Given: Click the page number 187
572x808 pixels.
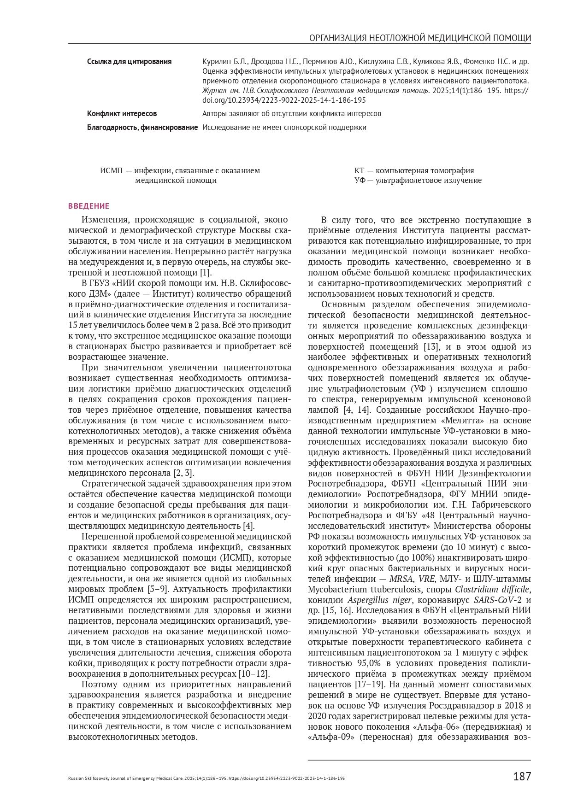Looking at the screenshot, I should tap(522, 776).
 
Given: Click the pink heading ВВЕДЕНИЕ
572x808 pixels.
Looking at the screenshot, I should tap(89, 206).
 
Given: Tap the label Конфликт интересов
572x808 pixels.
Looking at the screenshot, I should tap(122, 113).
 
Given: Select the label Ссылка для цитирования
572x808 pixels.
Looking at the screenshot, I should tap(129, 62).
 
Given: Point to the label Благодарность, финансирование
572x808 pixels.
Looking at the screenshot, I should tap(142, 127).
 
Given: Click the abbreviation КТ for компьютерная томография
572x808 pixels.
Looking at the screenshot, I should tap(360, 170).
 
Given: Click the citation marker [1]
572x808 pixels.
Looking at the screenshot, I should tap(206, 272).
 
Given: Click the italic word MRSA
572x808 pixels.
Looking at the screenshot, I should tap(401, 579).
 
